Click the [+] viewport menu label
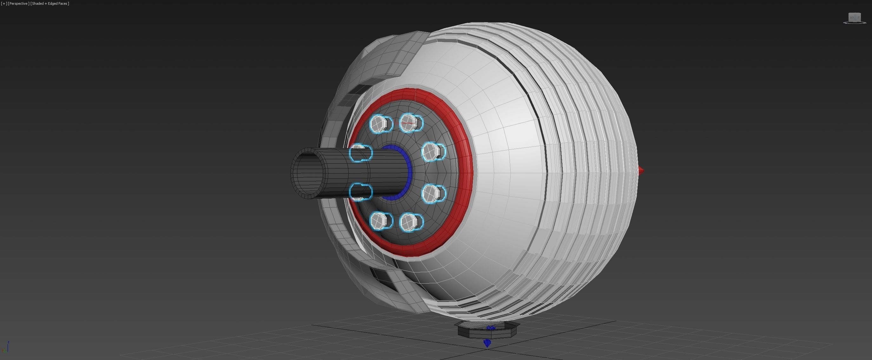(x=4, y=4)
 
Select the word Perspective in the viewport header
(x=18, y=4)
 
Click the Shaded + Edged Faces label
(x=50, y=4)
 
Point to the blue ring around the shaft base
(x=409, y=173)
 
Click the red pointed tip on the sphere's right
(x=640, y=171)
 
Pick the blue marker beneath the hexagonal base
(x=487, y=343)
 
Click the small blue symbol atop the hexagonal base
(x=491, y=328)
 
